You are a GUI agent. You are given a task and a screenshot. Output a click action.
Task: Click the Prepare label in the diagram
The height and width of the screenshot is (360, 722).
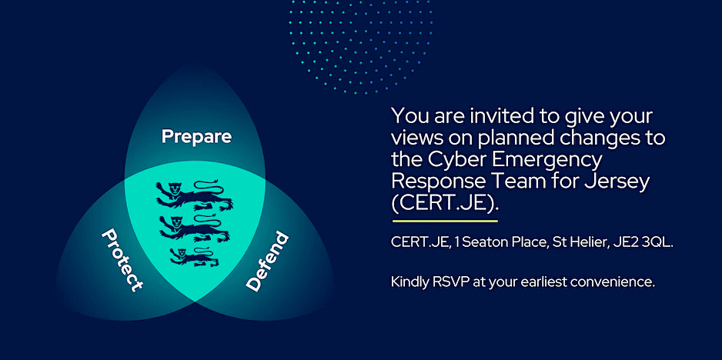click(196, 137)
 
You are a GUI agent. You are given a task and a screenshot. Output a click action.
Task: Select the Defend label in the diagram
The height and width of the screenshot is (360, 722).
click(267, 261)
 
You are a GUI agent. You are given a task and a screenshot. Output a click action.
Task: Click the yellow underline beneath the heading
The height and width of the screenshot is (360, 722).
click(445, 222)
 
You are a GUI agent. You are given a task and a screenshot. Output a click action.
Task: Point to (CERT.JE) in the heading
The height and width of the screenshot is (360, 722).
click(445, 205)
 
